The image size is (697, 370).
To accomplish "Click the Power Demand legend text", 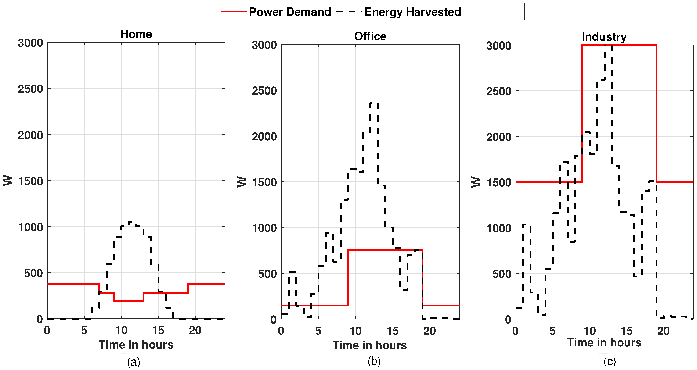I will [x=290, y=12].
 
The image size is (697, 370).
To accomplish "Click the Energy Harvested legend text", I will [x=413, y=12].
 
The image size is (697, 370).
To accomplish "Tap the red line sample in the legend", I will [x=234, y=11].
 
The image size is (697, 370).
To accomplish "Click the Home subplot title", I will [x=136, y=34].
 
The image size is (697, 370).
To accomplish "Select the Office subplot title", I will [x=370, y=36].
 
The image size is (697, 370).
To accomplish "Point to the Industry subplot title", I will [x=604, y=37].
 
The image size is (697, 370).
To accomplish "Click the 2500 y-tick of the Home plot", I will [x=30, y=89].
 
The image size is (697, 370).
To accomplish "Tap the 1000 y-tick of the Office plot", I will [x=264, y=228].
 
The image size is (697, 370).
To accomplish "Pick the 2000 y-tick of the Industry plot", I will [x=499, y=137].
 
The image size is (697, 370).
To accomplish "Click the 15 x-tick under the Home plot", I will [x=158, y=330].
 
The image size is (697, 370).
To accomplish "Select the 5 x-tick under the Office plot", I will [x=318, y=331].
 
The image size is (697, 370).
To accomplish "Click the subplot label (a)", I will [x=134, y=362].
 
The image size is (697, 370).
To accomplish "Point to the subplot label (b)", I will [x=374, y=361].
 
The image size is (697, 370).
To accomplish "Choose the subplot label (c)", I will [x=610, y=362].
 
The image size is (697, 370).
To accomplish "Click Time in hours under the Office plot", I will [x=370, y=345].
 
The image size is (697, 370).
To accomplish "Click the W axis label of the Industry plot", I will [x=476, y=182].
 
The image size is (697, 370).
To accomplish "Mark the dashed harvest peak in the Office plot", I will [x=374, y=103].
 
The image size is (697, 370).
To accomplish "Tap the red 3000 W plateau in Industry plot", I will [x=620, y=45].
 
